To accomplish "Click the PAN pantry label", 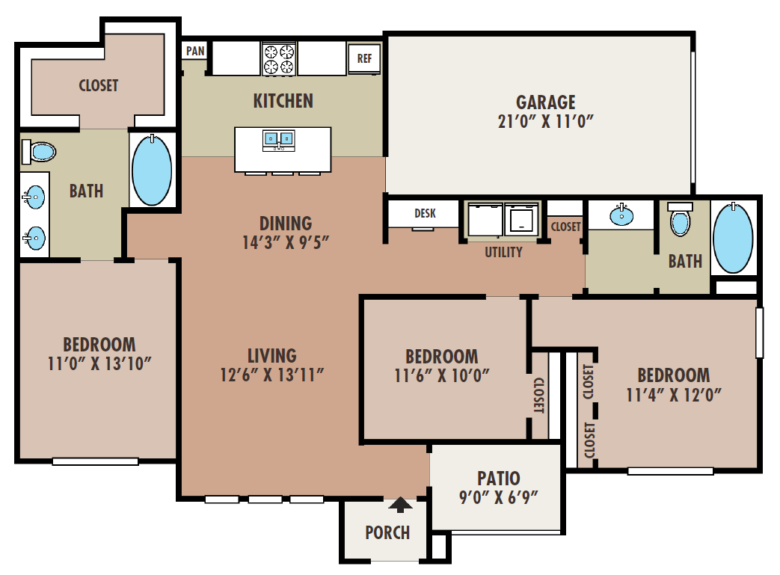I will coord(195,52).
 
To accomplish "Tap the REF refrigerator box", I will coord(364,58).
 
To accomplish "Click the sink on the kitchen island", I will coord(278,139).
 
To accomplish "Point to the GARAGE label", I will coord(546,102).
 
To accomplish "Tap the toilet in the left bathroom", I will coord(40,152).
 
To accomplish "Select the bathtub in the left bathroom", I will coord(152,170).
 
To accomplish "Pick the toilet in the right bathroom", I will coord(680,220).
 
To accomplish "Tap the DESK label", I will coord(425,214).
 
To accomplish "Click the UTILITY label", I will coord(503,252).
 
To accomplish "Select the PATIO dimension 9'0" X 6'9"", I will coord(498,496).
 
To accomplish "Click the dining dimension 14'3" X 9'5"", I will coord(285,242).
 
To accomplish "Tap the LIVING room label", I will coord(272,356).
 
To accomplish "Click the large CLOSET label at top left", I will coord(99,85).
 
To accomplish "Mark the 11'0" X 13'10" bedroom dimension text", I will coord(99,363).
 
